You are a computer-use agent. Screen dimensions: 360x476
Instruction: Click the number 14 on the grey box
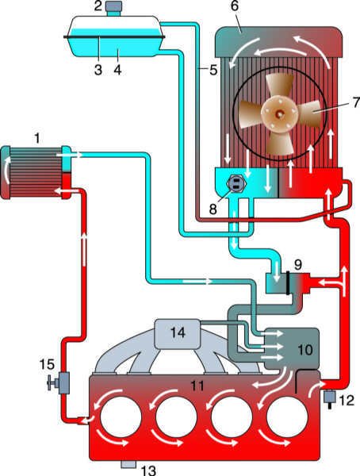[x=178, y=332]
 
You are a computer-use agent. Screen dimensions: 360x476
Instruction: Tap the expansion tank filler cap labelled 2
[x=114, y=6]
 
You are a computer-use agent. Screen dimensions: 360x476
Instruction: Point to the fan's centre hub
[x=279, y=113]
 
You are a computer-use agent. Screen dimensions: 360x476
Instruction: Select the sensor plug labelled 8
[x=236, y=184]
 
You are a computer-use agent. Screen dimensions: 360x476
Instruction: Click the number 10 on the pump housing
[x=305, y=350]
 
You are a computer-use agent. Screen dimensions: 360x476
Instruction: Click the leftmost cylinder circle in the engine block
[x=121, y=416]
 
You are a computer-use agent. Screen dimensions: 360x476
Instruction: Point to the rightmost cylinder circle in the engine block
[x=287, y=416]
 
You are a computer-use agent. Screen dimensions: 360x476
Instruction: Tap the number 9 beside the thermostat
[x=298, y=264]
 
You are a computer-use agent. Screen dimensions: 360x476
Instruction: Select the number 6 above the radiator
[x=235, y=6]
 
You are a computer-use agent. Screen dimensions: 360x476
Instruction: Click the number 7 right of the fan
[x=356, y=102]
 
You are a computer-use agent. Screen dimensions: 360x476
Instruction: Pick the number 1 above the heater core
[x=37, y=139]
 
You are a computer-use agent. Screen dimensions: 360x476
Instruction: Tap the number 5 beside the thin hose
[x=213, y=70]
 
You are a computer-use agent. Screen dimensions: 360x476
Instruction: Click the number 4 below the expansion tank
[x=118, y=70]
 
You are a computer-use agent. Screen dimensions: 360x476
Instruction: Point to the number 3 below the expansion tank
[x=98, y=70]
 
